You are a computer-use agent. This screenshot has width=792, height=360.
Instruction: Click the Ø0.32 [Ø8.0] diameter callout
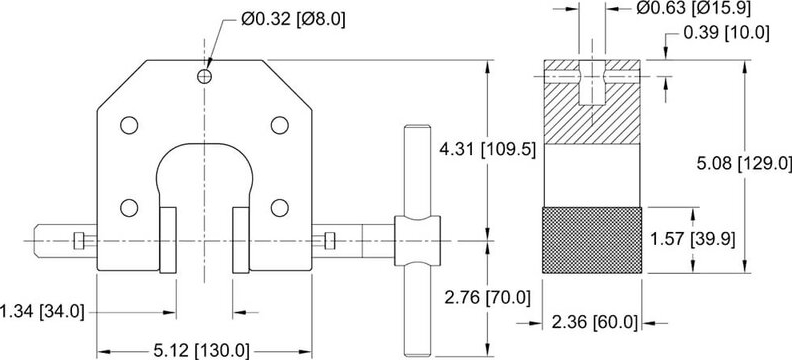point(293,20)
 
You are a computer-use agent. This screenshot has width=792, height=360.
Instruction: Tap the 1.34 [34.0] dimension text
point(42,312)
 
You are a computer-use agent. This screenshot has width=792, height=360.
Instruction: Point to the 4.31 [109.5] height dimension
point(488,150)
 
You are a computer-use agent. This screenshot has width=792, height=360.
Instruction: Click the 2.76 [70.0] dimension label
point(487,298)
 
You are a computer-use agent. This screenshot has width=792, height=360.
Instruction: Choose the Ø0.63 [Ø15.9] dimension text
point(693,8)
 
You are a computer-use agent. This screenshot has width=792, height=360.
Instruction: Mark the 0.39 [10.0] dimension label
point(726,33)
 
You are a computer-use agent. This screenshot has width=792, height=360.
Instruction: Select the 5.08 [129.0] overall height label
point(744,163)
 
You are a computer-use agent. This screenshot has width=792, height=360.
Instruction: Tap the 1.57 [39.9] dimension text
point(734,238)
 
